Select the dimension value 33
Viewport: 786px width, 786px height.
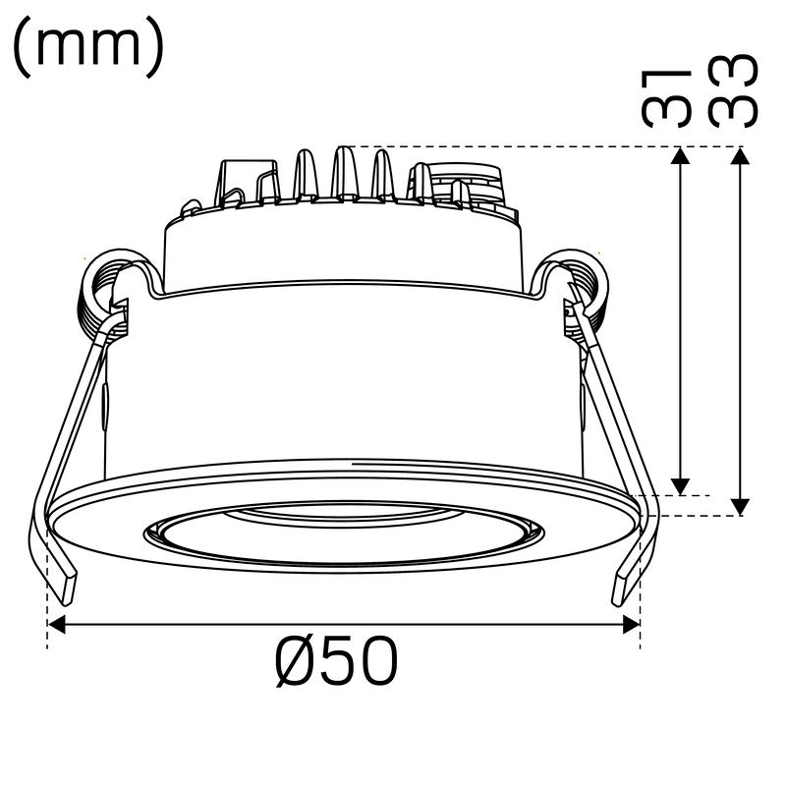pos(734,90)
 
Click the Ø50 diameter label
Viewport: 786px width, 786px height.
pos(337,663)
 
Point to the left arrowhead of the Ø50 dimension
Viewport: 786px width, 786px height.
pos(57,625)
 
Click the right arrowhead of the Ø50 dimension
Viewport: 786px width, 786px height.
pos(632,625)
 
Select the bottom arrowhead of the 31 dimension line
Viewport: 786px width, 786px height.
pos(679,486)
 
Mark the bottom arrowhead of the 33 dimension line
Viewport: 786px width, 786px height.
pos(740,505)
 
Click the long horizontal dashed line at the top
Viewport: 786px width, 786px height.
pos(550,146)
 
